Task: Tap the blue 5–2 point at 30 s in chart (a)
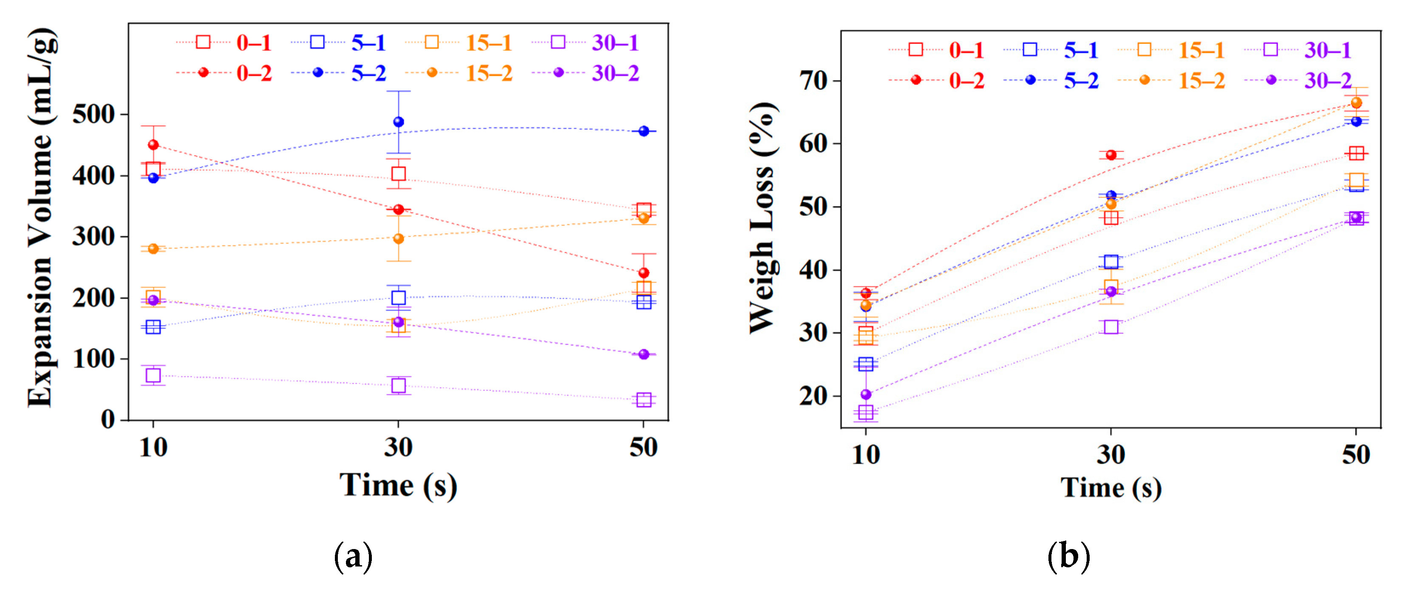[399, 122]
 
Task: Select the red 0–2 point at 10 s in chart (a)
[153, 144]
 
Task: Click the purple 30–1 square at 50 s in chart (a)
[643, 400]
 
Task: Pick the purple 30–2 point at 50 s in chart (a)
[643, 354]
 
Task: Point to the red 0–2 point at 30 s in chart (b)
[1111, 155]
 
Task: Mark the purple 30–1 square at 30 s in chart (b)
[1111, 327]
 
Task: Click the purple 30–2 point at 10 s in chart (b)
[866, 394]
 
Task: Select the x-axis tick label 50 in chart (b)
[1356, 455]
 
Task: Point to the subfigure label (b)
[1068, 556]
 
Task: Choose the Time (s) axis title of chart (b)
[1110, 487]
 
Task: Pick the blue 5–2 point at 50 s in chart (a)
[643, 131]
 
